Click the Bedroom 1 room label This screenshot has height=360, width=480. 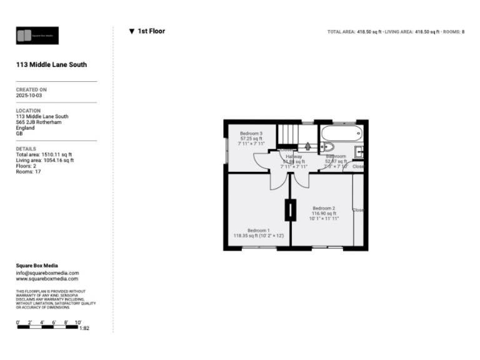pyautogui.click(x=258, y=230)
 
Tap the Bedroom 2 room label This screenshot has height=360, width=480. pyautogui.click(x=324, y=208)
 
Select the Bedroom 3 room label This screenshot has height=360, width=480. pyautogui.click(x=250, y=133)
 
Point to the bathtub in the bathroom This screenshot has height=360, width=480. pyautogui.click(x=340, y=133)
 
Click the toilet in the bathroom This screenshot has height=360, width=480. pyautogui.click(x=327, y=147)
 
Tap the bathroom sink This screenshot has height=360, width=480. pyautogui.click(x=360, y=151)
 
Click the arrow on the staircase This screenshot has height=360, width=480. pyautogui.click(x=289, y=140)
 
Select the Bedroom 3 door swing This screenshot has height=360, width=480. pyautogui.click(x=259, y=161)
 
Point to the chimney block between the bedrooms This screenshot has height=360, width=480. pyautogui.click(x=290, y=209)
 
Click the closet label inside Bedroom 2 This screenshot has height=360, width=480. pyautogui.click(x=358, y=210)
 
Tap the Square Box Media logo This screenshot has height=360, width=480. pyautogui.click(x=37, y=36)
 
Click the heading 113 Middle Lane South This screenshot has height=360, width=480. pyautogui.click(x=51, y=64)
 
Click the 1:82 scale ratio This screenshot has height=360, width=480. pyautogui.click(x=84, y=328)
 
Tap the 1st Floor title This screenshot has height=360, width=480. pyautogui.click(x=151, y=31)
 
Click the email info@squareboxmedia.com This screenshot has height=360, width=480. pyautogui.click(x=47, y=273)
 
